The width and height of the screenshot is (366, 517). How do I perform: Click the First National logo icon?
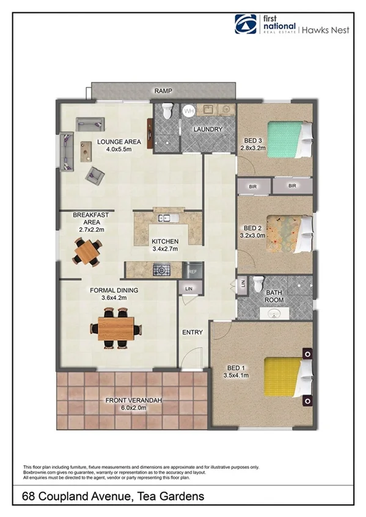[x=246, y=24]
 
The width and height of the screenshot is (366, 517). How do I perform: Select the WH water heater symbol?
[x=189, y=111]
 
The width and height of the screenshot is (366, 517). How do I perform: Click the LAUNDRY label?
[x=207, y=129]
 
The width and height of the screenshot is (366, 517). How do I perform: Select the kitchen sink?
[x=166, y=218]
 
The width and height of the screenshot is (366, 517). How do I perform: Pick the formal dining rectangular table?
[x=116, y=328]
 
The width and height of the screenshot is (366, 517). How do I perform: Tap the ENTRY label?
[x=192, y=332]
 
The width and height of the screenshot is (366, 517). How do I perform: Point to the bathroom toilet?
[x=258, y=285]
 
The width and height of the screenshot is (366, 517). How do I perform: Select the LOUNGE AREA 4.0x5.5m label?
[x=119, y=146]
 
